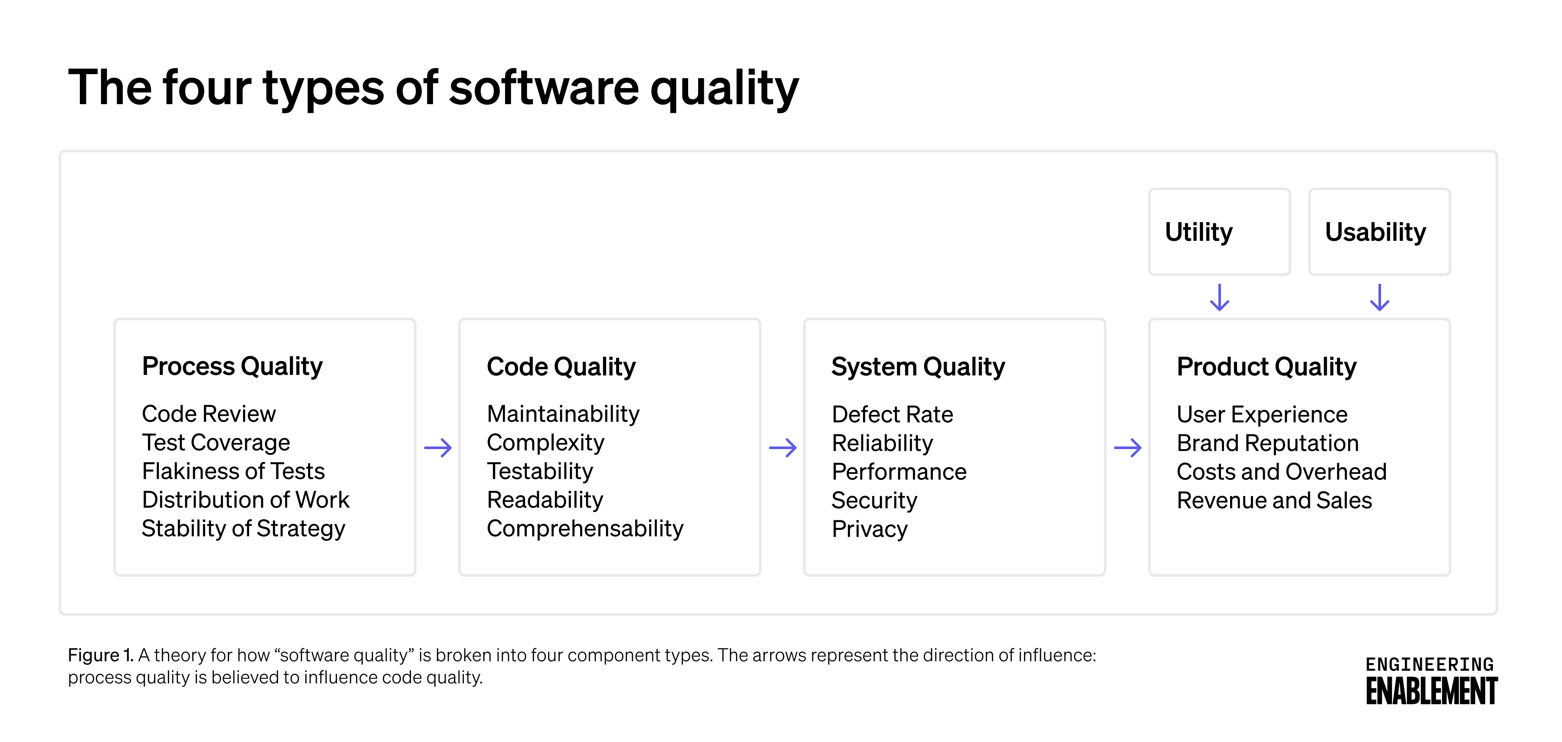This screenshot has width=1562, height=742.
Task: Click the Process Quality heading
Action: (x=232, y=366)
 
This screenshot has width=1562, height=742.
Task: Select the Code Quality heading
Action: (x=561, y=367)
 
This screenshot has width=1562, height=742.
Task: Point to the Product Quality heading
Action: (x=1266, y=367)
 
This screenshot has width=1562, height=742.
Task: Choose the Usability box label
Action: (x=1375, y=232)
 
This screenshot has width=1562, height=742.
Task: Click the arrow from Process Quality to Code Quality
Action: (x=438, y=448)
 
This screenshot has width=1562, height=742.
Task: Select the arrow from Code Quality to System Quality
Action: (x=783, y=448)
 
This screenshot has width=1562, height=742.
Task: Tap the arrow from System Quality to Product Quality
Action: (x=1128, y=448)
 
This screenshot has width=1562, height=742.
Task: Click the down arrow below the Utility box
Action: (x=1219, y=298)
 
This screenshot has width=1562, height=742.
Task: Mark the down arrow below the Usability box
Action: (x=1379, y=298)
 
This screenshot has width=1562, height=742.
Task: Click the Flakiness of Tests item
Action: (x=233, y=471)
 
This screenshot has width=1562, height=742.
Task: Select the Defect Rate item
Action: (x=892, y=415)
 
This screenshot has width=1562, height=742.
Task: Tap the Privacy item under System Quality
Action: (x=870, y=529)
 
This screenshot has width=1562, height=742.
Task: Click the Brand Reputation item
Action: (x=1267, y=443)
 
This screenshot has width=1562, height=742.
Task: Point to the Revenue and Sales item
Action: (x=1274, y=501)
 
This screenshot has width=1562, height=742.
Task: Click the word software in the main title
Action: (x=544, y=88)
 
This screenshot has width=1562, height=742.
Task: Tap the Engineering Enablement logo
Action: (x=1431, y=680)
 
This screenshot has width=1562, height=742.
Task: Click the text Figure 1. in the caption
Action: (x=100, y=655)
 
